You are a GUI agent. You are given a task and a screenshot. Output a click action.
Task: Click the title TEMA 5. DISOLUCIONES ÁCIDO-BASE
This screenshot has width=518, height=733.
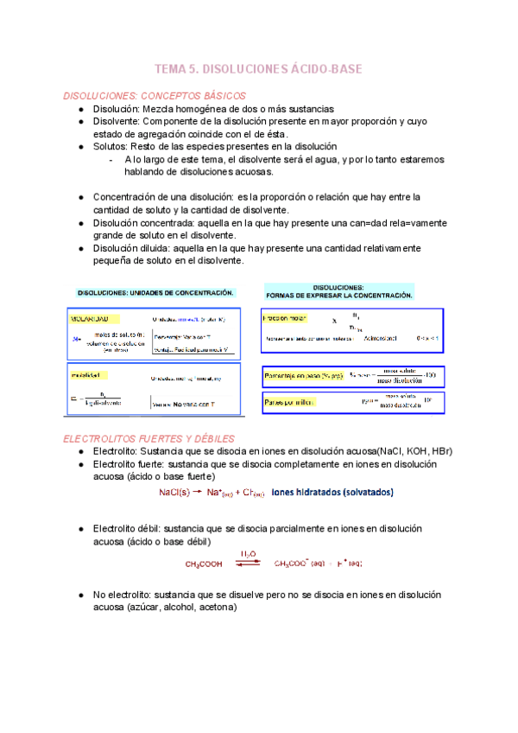point(258,68)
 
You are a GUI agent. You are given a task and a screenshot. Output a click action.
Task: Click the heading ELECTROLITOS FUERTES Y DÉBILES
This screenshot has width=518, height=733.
point(149,439)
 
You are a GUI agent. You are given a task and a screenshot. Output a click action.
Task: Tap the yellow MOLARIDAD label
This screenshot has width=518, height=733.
point(93,318)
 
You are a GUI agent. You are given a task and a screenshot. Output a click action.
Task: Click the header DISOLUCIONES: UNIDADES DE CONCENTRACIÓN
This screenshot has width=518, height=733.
point(155,293)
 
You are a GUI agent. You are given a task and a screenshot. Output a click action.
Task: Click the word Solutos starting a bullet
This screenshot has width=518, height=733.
point(111,147)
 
